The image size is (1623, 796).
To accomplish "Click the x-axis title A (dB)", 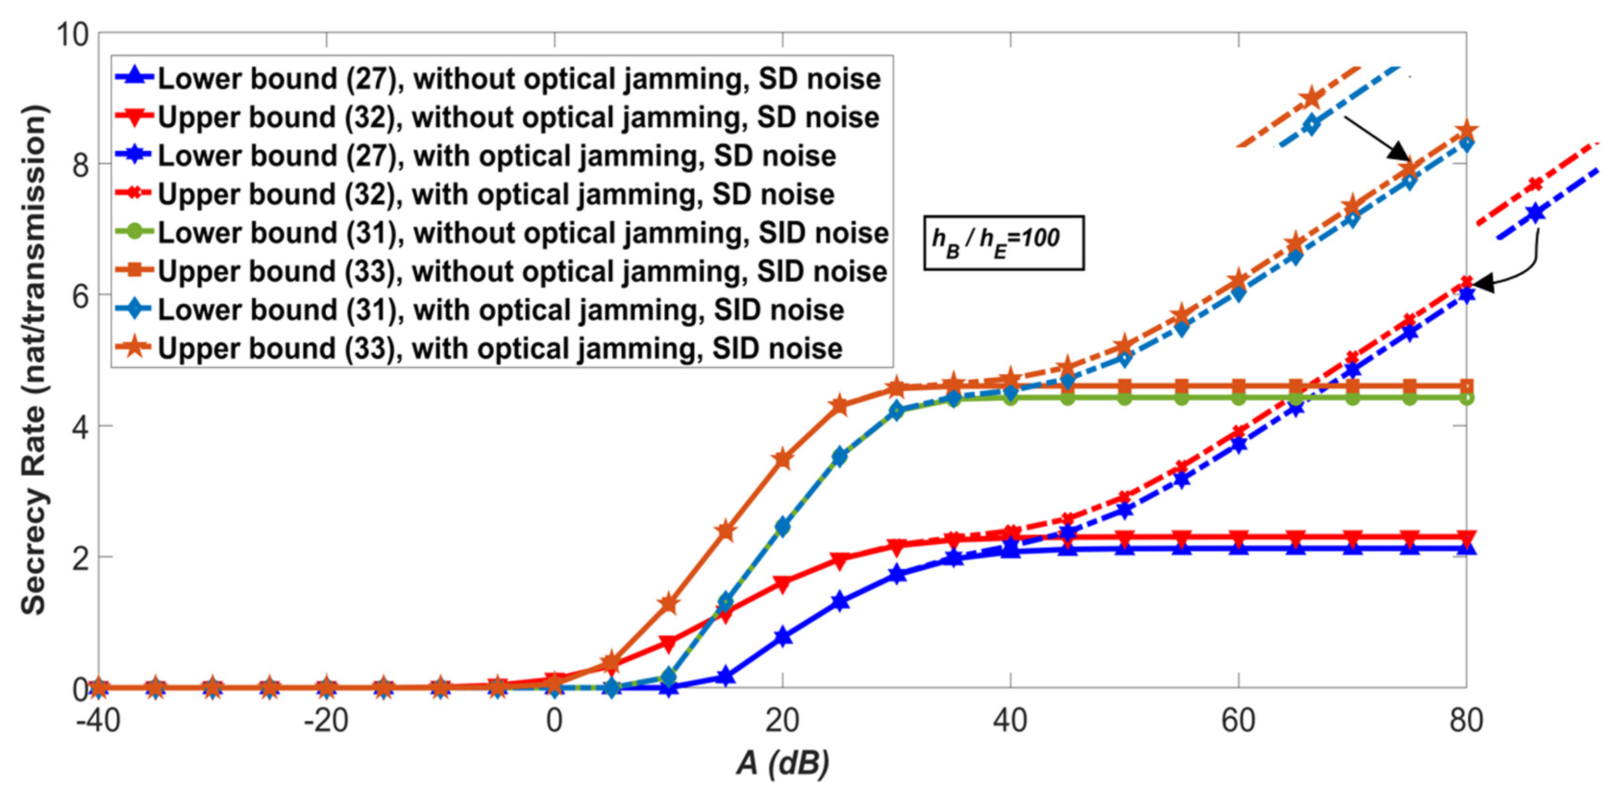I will click(x=783, y=762).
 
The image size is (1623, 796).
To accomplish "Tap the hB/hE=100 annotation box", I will click(x=1003, y=242).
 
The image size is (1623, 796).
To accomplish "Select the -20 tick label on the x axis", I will click(x=326, y=720).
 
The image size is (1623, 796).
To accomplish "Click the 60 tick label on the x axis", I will click(x=1238, y=720).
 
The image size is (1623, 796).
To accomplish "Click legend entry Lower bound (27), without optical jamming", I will click(x=498, y=79).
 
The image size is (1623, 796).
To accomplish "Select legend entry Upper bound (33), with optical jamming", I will click(x=479, y=348).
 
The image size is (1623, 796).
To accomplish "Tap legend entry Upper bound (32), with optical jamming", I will click(x=475, y=194).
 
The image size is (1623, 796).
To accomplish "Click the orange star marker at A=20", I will click(x=783, y=460).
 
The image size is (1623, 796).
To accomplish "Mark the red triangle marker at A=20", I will click(x=783, y=583).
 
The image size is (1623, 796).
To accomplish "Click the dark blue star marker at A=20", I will click(x=783, y=637).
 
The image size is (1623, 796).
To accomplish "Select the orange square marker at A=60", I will click(x=1239, y=386).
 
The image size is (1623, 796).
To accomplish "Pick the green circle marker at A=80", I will click(x=1466, y=398).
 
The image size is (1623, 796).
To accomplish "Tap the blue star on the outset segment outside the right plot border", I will click(x=1536, y=213).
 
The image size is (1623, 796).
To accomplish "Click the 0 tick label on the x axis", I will click(x=554, y=720).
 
